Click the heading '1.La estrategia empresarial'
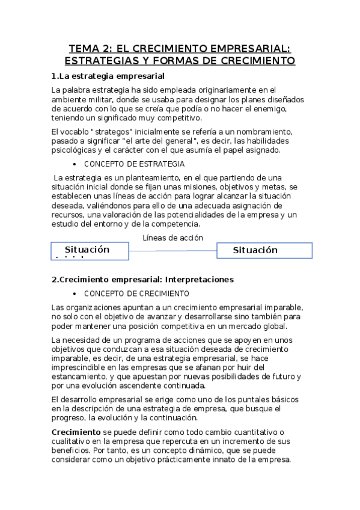[108, 76]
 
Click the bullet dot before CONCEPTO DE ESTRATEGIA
[73, 164]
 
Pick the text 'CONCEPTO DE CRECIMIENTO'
[136, 293]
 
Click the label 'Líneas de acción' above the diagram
[172, 238]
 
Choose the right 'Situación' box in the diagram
[264, 250]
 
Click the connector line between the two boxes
[172, 251]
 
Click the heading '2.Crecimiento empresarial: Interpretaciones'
[142, 280]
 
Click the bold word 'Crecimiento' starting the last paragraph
[76, 432]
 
